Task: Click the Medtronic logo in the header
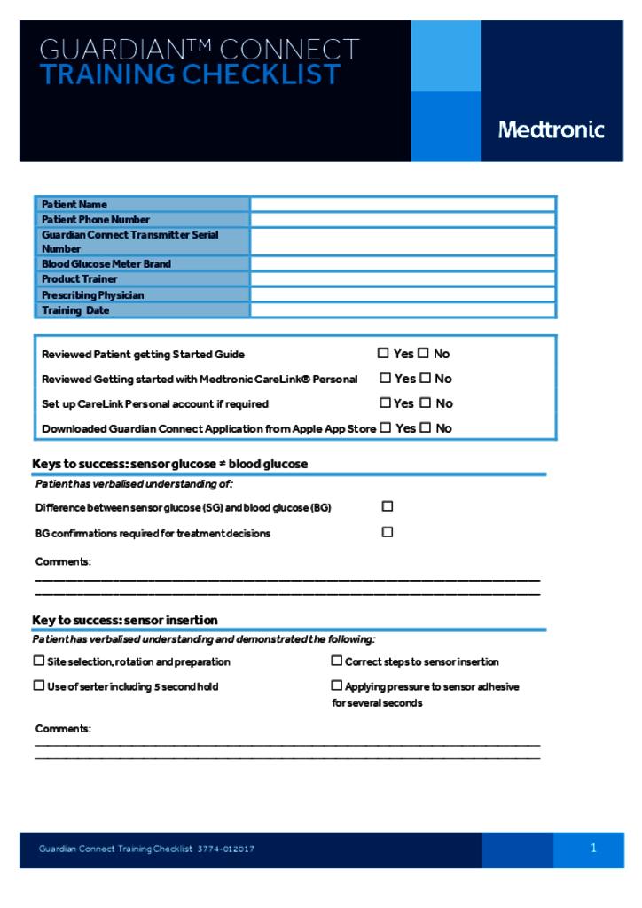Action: click(551, 130)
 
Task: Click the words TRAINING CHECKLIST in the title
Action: click(190, 75)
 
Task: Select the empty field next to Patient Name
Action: click(403, 204)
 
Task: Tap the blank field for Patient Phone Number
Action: click(403, 219)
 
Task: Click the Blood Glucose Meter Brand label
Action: click(106, 264)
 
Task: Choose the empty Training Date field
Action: click(403, 310)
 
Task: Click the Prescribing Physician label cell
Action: click(93, 295)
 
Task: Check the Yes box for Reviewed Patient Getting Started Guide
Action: click(384, 353)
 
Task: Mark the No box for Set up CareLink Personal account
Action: click(425, 403)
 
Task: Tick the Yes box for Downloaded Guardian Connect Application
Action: click(386, 427)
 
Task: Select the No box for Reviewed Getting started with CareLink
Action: click(425, 378)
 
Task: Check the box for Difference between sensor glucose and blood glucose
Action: click(388, 506)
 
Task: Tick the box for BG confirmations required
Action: click(388, 532)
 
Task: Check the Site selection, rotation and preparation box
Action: click(39, 661)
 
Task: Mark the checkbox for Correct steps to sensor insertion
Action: click(337, 661)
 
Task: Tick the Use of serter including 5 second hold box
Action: click(39, 685)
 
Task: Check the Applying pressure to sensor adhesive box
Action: click(337, 685)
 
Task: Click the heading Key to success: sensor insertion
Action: click(125, 620)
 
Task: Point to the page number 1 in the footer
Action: click(593, 849)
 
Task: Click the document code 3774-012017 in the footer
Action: click(226, 849)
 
